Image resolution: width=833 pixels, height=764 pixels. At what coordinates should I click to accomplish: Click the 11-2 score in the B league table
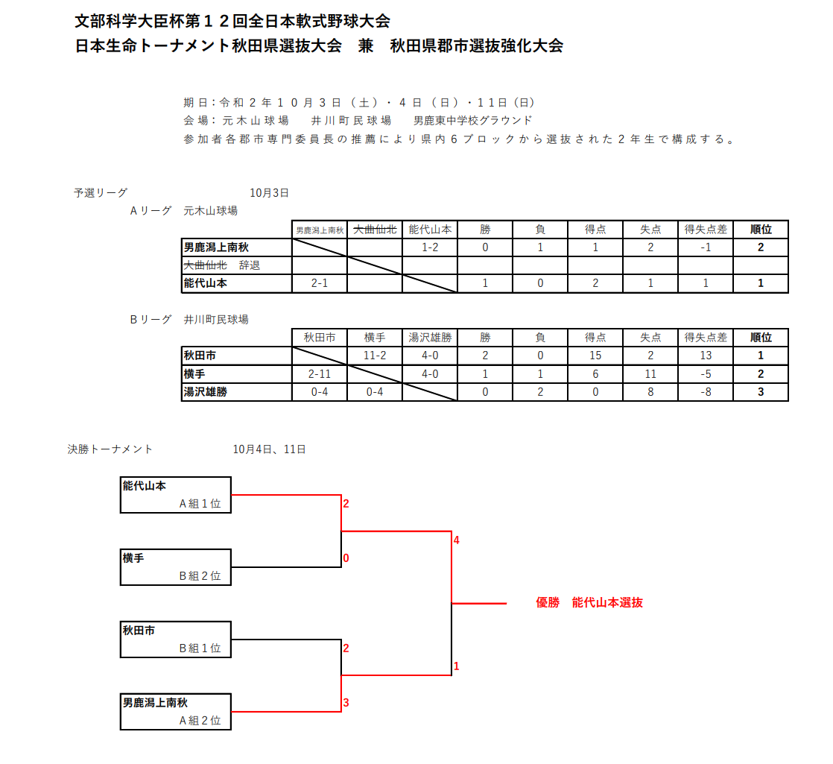[375, 356]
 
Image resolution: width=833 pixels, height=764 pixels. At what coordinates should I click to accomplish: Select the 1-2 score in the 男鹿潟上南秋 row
[430, 247]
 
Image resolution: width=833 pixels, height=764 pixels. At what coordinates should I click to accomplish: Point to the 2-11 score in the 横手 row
[320, 374]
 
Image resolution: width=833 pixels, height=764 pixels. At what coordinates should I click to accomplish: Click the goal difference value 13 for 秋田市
[706, 356]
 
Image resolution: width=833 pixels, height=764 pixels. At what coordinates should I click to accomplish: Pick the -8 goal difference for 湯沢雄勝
[706, 392]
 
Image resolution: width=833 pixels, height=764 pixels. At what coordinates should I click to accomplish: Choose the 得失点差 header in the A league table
[706, 230]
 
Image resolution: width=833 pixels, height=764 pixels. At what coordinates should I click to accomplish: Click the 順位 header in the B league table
[761, 338]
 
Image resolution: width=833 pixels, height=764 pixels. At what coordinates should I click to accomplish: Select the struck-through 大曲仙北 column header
[375, 230]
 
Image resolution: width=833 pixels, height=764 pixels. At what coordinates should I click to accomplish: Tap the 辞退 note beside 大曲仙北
[249, 265]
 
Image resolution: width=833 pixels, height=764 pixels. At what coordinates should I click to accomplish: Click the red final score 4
[456, 540]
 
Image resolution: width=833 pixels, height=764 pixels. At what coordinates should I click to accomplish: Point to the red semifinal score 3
[346, 703]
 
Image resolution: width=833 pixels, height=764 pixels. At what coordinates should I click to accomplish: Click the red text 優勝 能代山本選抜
[589, 602]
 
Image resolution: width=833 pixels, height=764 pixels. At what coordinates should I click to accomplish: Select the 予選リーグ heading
[101, 193]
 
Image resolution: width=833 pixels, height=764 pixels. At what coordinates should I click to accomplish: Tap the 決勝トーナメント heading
[110, 449]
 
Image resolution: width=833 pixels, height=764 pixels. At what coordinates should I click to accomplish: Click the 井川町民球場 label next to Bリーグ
[216, 320]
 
